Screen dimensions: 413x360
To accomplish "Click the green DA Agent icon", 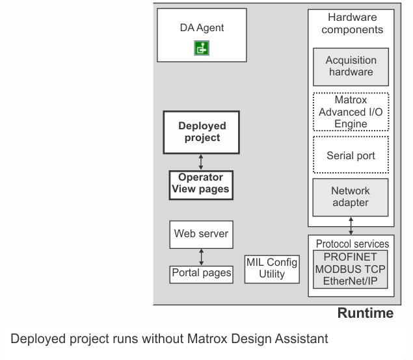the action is [202, 48].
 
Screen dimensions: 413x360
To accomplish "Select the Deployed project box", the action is [201, 132].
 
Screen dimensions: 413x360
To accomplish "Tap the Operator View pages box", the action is [201, 185].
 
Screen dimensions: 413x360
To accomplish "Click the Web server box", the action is [201, 235].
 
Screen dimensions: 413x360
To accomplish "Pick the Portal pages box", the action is [201, 274].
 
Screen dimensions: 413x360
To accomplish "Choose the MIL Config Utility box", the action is [272, 269].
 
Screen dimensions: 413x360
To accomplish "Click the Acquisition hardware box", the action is [351, 67].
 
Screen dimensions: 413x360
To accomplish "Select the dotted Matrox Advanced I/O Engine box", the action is [351, 112].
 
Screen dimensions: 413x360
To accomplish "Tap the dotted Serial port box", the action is [351, 155].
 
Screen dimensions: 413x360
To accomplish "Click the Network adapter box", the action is [351, 198].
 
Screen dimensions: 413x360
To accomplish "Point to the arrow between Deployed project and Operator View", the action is [201, 162].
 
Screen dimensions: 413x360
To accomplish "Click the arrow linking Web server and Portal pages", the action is [201, 257].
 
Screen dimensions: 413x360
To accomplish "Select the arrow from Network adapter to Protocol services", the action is [351, 225].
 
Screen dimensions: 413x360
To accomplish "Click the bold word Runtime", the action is [366, 313].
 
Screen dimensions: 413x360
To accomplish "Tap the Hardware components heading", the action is [352, 23].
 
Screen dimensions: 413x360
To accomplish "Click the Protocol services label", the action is [353, 244].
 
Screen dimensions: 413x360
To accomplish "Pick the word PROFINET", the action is [350, 257].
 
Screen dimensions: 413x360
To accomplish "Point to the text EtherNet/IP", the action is [351, 281].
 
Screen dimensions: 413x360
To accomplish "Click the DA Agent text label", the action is [202, 28].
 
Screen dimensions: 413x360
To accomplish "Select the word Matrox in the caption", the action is [207, 339].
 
